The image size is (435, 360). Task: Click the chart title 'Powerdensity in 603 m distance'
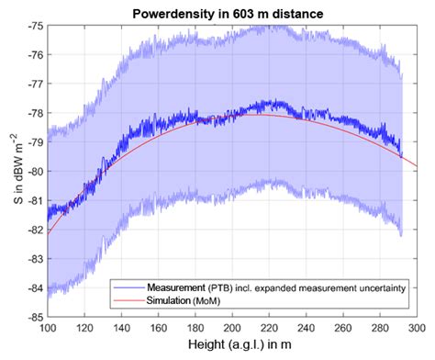tap(231, 10)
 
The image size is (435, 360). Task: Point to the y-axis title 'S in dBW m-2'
tap(10, 172)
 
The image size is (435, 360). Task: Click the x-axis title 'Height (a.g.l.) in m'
tap(231, 348)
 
